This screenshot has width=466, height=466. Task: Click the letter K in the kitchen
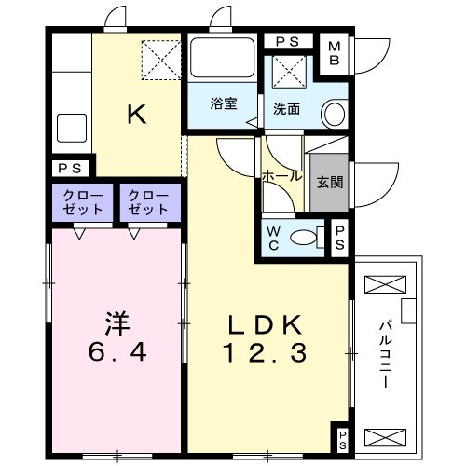point(137,115)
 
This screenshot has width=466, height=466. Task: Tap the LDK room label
point(267,325)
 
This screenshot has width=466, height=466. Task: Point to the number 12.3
point(267,355)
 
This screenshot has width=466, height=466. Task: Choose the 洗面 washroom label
point(286,107)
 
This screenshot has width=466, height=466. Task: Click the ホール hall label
point(281,176)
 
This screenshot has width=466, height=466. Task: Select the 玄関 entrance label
point(329,182)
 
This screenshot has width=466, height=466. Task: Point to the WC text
point(276,239)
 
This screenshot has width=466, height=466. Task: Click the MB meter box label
point(334,54)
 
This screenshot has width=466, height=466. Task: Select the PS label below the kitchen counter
point(68,168)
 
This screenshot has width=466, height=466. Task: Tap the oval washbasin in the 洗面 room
point(333,115)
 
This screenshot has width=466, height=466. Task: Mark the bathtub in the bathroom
point(223,60)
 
